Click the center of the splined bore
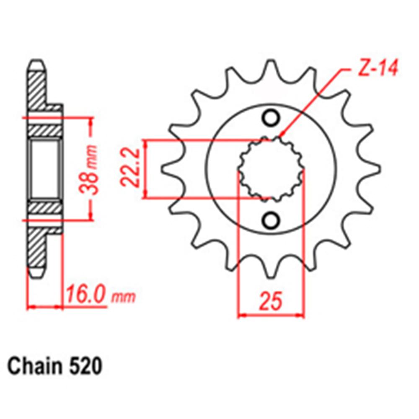click(x=271, y=168)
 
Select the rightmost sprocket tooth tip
click(x=378, y=168)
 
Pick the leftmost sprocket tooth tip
click(x=163, y=168)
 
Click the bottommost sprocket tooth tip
click(x=271, y=274)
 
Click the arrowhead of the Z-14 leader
click(x=282, y=137)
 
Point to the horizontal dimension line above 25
click(x=270, y=314)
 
